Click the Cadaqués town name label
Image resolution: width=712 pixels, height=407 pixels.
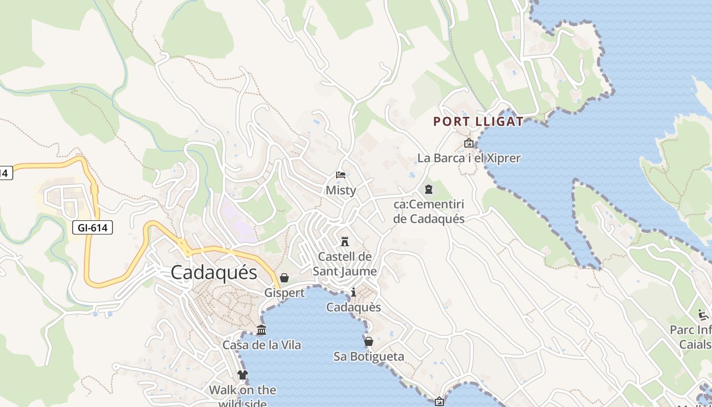pos(214,273)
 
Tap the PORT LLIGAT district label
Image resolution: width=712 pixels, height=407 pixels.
pos(478,122)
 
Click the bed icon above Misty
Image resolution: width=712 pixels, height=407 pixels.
pos(341,176)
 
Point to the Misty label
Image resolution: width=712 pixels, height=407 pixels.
pos(341,190)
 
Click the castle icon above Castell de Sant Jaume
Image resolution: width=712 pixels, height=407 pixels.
pos(345,241)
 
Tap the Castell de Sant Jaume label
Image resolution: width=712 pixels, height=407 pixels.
pos(345,264)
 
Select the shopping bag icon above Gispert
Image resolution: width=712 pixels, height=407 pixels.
pos(284,278)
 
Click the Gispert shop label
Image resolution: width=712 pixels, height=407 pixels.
pos(284,293)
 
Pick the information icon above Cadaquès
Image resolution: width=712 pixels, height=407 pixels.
pos(353,292)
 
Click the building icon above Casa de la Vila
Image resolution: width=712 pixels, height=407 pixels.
pos(261,330)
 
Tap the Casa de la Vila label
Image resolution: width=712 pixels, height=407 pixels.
pos(261,345)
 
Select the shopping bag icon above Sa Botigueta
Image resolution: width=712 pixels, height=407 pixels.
pos(369,341)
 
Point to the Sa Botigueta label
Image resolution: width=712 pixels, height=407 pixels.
pos(369,356)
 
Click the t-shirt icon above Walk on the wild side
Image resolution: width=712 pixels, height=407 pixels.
pos(243,375)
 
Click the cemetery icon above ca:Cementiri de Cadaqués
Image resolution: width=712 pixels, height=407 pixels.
pos(429,189)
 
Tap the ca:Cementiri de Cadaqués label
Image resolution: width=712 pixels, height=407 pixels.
pos(429,212)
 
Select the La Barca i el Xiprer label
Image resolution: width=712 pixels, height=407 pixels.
pos(469,158)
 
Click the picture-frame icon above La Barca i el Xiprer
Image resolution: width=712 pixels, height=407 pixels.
pos(468,143)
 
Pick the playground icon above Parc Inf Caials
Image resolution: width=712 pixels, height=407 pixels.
pos(704,314)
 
